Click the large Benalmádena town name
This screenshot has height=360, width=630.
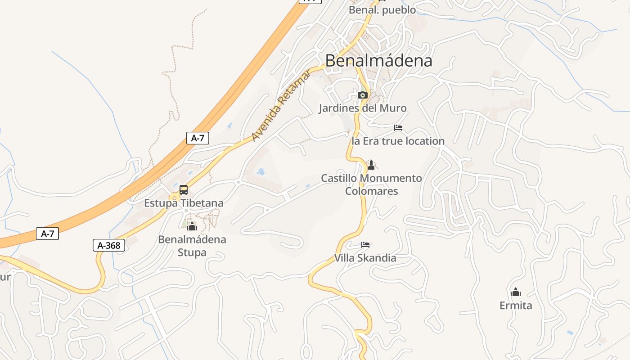coord(378,61)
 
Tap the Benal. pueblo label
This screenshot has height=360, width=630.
coord(382,10)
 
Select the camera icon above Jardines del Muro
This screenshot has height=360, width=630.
coord(362,95)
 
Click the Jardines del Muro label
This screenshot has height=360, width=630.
coord(362,108)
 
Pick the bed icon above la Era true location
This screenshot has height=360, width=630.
coord(398,128)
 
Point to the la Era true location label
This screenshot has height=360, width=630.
coord(398,141)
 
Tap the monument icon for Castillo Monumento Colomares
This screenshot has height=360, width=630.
coord(371,165)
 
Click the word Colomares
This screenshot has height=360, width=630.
coord(371,191)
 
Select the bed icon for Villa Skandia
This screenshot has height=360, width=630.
coord(365,245)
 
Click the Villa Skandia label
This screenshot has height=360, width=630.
coord(365,258)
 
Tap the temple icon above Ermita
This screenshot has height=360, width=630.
coord(516,292)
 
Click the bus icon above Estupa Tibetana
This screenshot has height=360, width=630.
coord(184,190)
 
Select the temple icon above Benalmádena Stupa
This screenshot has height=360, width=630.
coord(192,226)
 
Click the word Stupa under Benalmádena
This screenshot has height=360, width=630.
coord(192,252)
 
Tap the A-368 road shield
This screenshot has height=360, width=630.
coord(109,245)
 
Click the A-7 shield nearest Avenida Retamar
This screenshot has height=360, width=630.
coord(198,138)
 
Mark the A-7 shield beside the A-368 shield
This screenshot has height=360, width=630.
coord(47,234)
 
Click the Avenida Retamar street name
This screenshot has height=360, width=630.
coord(281,106)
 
